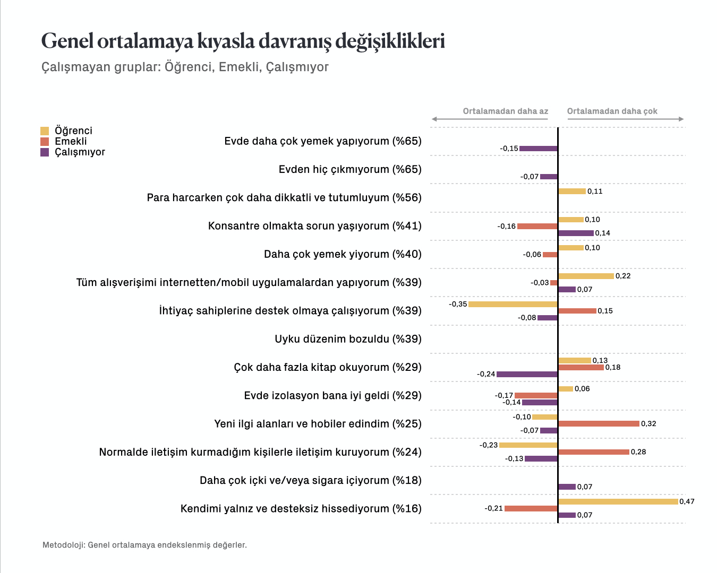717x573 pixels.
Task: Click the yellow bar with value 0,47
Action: click(618, 501)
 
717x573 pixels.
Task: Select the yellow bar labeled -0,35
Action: click(513, 304)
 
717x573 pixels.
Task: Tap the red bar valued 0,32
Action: click(599, 423)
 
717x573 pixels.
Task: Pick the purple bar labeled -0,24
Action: click(527, 374)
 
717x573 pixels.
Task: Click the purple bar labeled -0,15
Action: click(539, 149)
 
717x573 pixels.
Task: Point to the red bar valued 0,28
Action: click(594, 452)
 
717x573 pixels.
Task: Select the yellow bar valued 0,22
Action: click(586, 276)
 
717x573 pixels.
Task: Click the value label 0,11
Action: click(595, 192)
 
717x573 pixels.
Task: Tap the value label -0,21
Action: click(493, 508)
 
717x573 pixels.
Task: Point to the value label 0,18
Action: click(613, 367)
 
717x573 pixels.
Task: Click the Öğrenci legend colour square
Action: click(45, 131)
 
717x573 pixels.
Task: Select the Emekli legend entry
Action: click(64, 141)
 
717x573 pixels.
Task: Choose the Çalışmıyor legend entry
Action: click(73, 152)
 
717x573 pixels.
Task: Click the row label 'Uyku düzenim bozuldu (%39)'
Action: click(348, 339)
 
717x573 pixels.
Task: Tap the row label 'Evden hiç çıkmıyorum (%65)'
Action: click(350, 169)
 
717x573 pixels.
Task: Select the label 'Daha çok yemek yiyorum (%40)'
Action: click(343, 254)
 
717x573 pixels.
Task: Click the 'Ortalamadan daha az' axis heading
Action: click(505, 111)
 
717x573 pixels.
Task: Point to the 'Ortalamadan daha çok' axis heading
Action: click(612, 111)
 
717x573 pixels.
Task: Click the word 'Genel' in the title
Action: click(67, 41)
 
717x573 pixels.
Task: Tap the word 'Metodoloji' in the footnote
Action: click(64, 545)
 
